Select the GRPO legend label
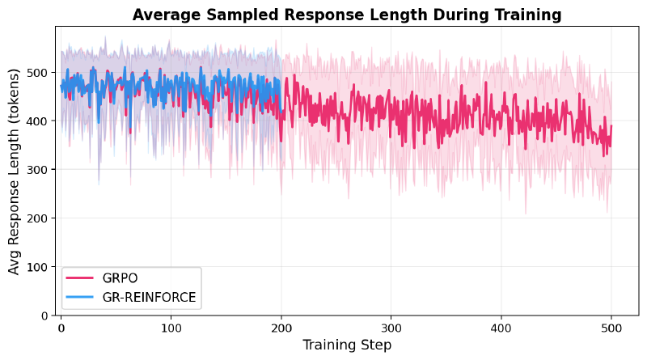[x=121, y=278]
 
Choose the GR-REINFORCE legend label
[x=149, y=297]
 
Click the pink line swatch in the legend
[x=82, y=278]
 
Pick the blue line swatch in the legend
[x=82, y=297]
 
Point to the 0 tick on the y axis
[x=44, y=316]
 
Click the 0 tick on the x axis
[x=61, y=328]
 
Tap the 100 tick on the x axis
[x=171, y=328]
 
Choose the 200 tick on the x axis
[x=281, y=328]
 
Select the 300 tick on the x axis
[x=391, y=328]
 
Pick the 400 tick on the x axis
[x=501, y=328]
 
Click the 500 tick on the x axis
[x=611, y=328]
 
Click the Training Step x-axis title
[x=347, y=345]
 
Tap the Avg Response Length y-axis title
[x=15, y=171]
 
